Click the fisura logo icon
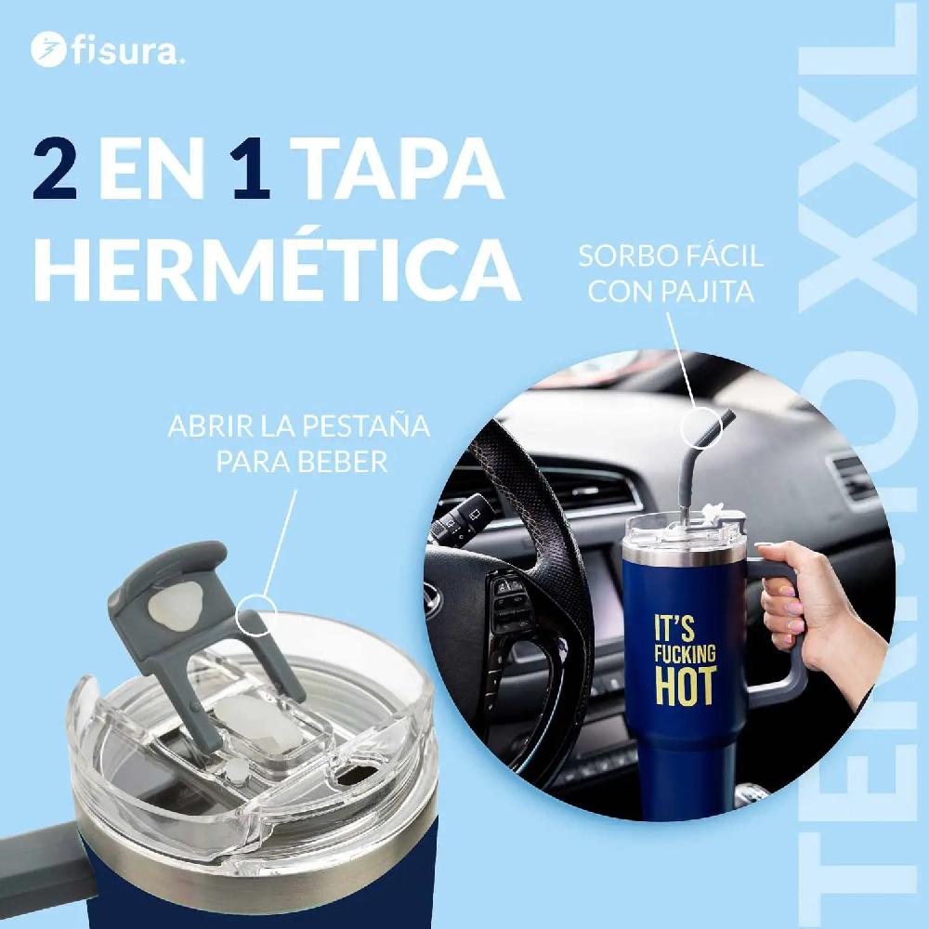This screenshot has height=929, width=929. click(x=45, y=49)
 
